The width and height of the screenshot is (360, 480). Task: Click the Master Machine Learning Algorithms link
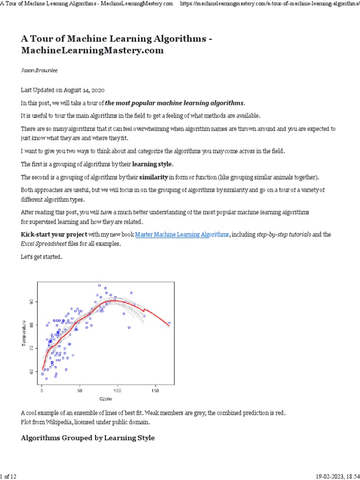click(x=182, y=234)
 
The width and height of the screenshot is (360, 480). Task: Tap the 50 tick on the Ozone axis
click(x=80, y=390)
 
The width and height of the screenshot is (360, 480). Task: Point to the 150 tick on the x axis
click(x=156, y=390)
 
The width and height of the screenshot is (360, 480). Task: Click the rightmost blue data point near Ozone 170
click(x=169, y=323)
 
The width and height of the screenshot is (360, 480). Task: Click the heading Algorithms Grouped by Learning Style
click(x=88, y=438)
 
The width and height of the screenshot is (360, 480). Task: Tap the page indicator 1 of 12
click(x=9, y=476)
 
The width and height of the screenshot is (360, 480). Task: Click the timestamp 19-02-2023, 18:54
click(x=334, y=476)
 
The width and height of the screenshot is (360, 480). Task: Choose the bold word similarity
click(x=153, y=177)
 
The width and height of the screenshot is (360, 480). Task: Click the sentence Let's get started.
click(x=41, y=257)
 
